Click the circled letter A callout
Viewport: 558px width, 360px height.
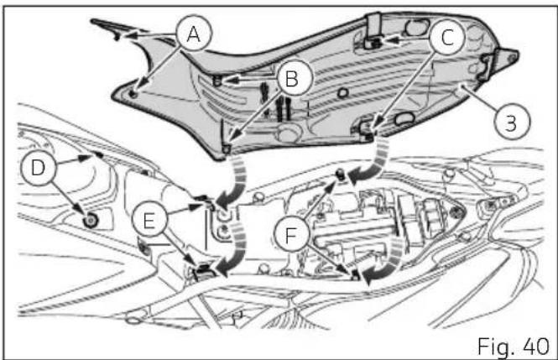tap(194, 34)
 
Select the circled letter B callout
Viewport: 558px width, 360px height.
tap(292, 78)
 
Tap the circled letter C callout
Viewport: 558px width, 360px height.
tap(447, 37)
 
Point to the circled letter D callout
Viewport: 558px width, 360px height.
tap(39, 167)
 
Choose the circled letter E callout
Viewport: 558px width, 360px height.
tap(149, 221)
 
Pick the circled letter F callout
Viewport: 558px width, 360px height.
tap(292, 235)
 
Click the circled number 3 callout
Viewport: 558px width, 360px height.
tap(512, 122)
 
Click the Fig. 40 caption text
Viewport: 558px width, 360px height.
tap(513, 346)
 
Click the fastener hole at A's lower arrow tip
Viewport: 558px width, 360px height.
tap(133, 94)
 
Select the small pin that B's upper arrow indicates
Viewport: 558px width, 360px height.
tap(217, 81)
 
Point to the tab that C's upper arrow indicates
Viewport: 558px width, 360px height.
tap(373, 43)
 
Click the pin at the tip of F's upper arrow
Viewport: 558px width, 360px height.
tap(341, 175)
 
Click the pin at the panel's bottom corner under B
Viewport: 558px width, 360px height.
tap(226, 148)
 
